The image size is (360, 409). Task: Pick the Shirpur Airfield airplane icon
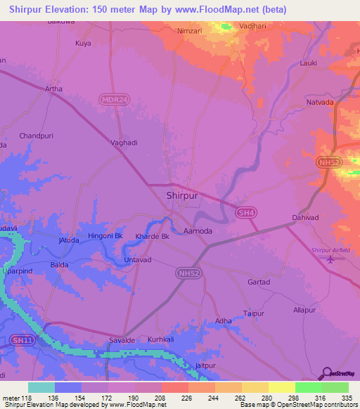coord(331,260)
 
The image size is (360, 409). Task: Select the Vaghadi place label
coord(124,142)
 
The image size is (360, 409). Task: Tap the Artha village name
coord(53,89)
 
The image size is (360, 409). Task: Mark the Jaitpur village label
coord(204,365)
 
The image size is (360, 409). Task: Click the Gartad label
coord(259,282)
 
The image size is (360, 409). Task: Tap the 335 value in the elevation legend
coord(347,398)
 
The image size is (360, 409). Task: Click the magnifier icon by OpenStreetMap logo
coord(326,374)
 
